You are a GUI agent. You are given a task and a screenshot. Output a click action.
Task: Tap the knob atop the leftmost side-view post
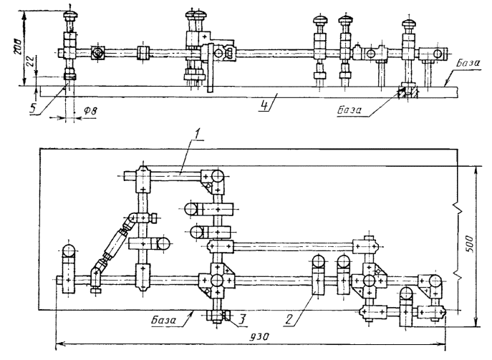pyautogui.click(x=71, y=15)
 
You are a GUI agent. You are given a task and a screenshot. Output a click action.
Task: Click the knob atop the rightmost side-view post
pyautogui.click(x=409, y=24)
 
